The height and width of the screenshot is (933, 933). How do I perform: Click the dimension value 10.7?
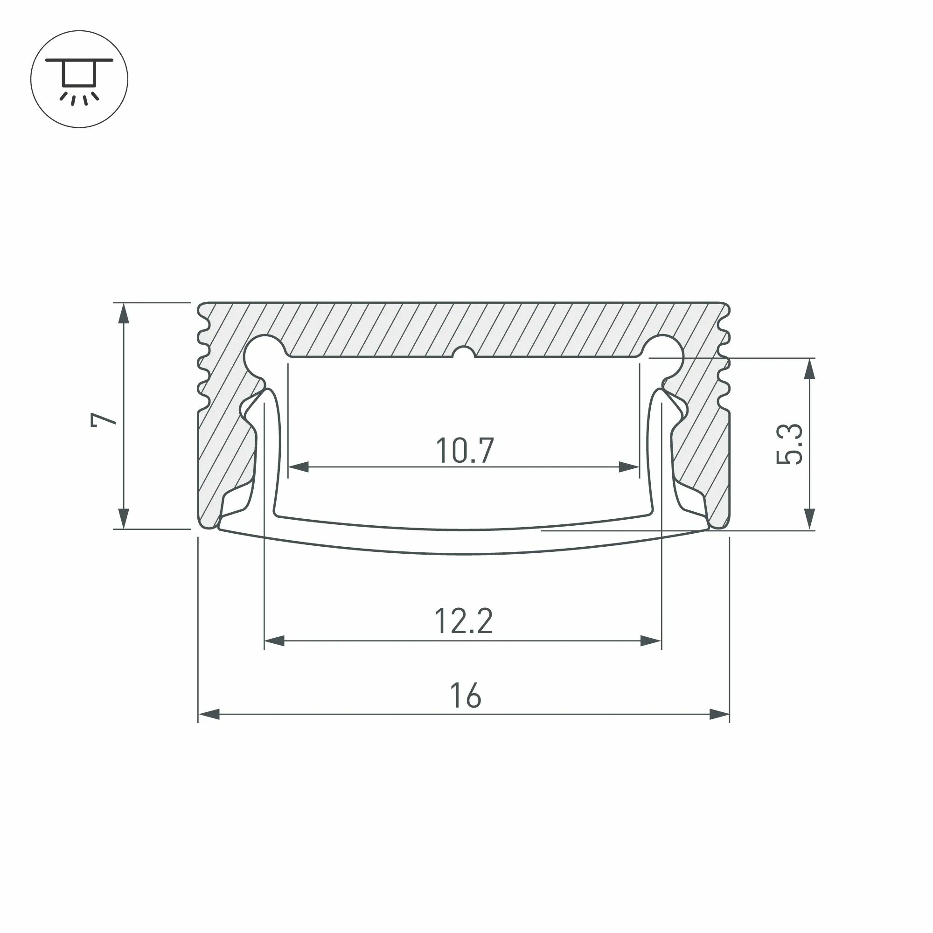pyautogui.click(x=465, y=450)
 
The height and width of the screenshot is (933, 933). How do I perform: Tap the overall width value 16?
pyautogui.click(x=465, y=696)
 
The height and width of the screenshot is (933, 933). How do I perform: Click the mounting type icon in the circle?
pyautogui.click(x=79, y=79)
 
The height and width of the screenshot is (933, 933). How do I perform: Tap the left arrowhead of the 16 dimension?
pyautogui.click(x=209, y=714)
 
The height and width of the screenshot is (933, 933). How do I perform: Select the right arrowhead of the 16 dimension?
pyautogui.click(x=719, y=714)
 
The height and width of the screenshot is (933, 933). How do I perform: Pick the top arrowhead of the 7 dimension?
pyautogui.click(x=124, y=313)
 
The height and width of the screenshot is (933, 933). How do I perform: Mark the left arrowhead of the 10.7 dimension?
pyautogui.click(x=299, y=467)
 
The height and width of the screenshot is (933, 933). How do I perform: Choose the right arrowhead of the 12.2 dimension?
pyautogui.click(x=650, y=641)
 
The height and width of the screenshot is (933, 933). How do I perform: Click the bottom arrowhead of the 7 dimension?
pyautogui.click(x=124, y=519)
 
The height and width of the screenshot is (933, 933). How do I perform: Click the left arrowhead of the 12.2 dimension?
pyautogui.click(x=274, y=641)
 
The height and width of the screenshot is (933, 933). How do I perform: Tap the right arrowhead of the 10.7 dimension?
pyautogui.click(x=629, y=467)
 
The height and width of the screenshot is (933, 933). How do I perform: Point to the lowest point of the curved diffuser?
pyautogui.click(x=464, y=553)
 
